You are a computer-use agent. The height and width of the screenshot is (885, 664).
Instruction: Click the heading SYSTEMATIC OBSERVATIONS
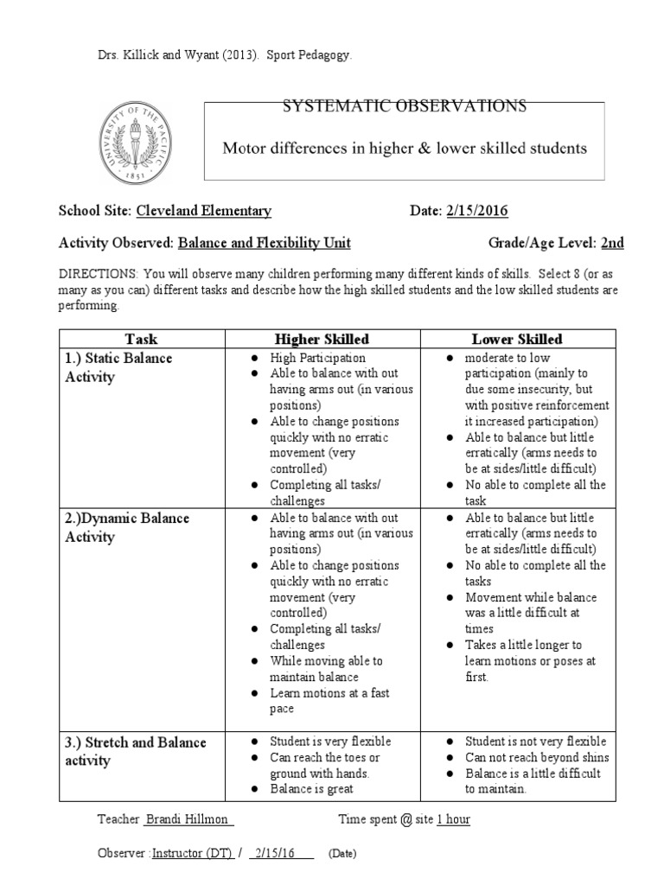pyautogui.click(x=405, y=106)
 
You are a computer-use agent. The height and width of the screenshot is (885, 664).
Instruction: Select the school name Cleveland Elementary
pyautogui.click(x=203, y=211)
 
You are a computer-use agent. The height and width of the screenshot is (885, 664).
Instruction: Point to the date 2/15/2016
pyautogui.click(x=479, y=211)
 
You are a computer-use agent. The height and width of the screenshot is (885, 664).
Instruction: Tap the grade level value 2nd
pyautogui.click(x=612, y=243)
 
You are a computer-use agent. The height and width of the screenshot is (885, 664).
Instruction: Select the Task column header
pyautogui.click(x=141, y=339)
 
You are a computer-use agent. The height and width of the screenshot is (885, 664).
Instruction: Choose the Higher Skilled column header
pyautogui.click(x=322, y=339)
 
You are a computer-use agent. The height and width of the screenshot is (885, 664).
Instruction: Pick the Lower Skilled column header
pyautogui.click(x=517, y=339)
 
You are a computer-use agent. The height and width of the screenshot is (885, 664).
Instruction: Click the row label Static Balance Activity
pyautogui.click(x=118, y=367)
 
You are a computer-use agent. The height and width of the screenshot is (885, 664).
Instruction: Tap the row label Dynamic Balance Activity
pyautogui.click(x=127, y=527)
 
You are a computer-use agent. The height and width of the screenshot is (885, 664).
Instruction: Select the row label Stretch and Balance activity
pyautogui.click(x=135, y=751)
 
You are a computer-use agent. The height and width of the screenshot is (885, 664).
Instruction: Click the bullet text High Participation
pyautogui.click(x=317, y=358)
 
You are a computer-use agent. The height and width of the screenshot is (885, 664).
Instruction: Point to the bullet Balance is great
pyautogui.click(x=312, y=789)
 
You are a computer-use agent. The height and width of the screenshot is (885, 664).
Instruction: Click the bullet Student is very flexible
pyautogui.click(x=330, y=742)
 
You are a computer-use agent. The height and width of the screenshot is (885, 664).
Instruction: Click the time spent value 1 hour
pyautogui.click(x=453, y=819)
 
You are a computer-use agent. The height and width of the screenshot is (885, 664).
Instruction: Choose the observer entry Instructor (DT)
pyautogui.click(x=191, y=853)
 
